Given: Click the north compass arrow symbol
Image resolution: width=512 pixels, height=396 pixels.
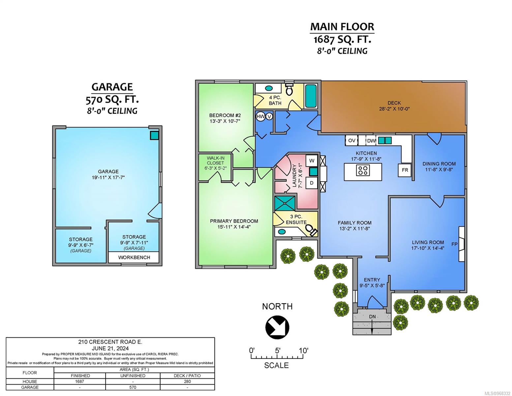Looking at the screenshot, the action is coord(277,327).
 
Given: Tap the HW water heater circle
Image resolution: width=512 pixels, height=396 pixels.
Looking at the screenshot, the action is coord(260,116).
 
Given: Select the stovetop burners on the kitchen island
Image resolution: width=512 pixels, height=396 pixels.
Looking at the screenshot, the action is coord(363,170).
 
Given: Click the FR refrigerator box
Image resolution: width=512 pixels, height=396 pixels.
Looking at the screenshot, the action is coord(405,170).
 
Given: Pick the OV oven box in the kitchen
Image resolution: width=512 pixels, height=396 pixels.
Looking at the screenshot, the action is coord(351,141).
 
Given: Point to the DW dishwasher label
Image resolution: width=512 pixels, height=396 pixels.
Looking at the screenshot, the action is coord(371,141).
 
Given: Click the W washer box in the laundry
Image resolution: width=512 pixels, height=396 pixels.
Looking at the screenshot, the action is coord(312,161).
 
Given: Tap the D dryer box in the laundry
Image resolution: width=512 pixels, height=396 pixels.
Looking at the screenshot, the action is coord(312,183).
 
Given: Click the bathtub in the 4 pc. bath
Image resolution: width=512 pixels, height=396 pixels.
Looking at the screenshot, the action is coord(311,96).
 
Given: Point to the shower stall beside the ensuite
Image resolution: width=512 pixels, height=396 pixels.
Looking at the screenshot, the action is coord(285,203).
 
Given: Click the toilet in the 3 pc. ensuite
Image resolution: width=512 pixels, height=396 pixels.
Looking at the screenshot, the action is coord(311,230).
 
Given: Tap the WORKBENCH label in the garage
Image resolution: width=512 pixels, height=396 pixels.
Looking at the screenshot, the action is coord(134,257).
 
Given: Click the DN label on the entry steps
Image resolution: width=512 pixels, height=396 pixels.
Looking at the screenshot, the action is coord(372,316).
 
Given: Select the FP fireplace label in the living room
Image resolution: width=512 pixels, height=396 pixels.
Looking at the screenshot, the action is coord(455,244).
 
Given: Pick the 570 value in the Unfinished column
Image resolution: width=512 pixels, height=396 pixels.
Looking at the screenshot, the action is coord(133,387).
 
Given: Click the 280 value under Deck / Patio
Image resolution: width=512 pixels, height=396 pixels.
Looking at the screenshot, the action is coord(187,381).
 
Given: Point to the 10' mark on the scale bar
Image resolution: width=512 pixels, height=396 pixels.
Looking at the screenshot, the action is coord(304,350).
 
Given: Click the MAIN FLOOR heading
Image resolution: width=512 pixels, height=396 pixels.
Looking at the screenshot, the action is coord(342,27).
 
